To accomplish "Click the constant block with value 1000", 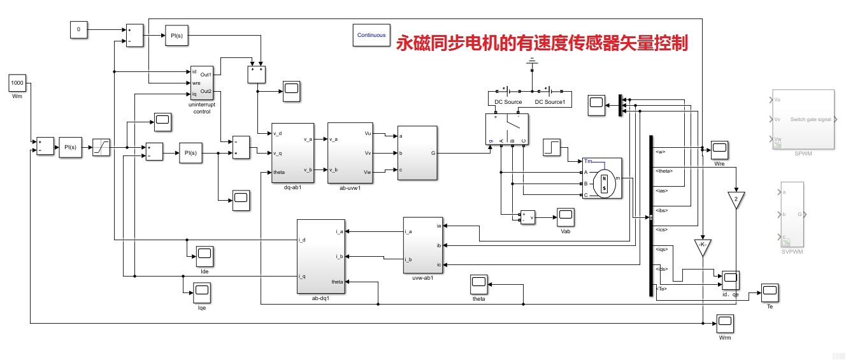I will coord(17,83).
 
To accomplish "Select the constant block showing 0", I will coord(78,29).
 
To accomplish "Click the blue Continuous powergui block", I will coord(371,35).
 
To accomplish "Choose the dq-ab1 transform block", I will coord(292,153).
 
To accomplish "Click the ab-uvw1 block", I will coord(348,153).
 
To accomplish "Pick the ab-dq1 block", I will coord(320,256).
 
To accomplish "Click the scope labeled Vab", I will coord(565,217).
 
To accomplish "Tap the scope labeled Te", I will coord(770,293).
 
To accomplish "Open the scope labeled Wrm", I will coord(724,324).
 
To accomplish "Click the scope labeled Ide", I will coord(204,256).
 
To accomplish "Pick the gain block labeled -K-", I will coord(702,247).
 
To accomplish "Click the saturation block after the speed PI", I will coord(101,147).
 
